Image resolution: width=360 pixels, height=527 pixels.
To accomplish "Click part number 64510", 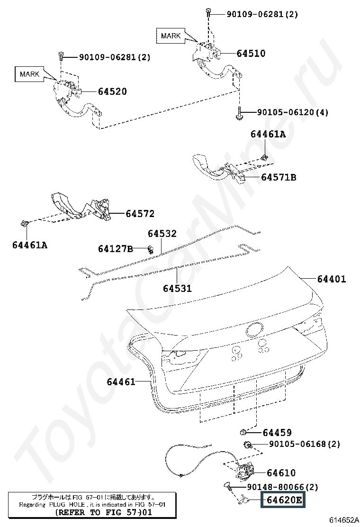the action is pos(251,54).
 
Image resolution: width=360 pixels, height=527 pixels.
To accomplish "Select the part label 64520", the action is pos(112,91).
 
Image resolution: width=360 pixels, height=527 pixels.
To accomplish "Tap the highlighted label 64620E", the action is pos(284,500).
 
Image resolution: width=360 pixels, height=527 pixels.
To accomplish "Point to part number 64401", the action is pos(332,279).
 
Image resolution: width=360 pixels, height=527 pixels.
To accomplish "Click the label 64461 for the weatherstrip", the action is pos(121,382).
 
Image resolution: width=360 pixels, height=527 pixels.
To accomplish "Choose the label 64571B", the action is pos(279,177).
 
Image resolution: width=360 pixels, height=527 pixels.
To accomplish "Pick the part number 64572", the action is pos(140,213).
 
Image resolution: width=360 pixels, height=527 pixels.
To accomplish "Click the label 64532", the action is pos(162,234).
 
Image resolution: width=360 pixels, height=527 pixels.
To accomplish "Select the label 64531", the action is pos(177,288).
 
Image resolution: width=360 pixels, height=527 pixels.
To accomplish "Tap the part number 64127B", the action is pos(116,249).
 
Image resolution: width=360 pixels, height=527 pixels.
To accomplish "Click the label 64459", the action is pos(277,433).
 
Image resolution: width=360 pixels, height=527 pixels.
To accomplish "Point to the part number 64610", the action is pos(281,473).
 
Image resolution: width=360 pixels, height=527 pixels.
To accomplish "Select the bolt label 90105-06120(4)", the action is pos(293,112).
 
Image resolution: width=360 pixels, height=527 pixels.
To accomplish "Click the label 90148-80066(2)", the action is pos(282,487).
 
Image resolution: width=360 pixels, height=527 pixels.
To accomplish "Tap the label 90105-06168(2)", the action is pos(304,444).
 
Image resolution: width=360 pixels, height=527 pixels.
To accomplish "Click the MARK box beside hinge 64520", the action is pos(29,74).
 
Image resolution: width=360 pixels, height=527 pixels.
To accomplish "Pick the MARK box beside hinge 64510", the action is pos(171,36).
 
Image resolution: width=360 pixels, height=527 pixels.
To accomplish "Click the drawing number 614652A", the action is pos(343,519).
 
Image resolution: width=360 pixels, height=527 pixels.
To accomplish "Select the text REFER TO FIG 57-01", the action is pos(103,513).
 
